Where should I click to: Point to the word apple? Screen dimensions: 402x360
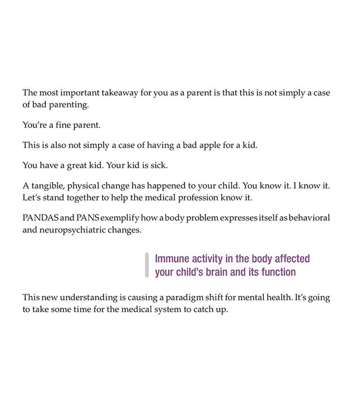pyautogui.click(x=208, y=145)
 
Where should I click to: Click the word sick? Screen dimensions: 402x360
pyautogui.click(x=158, y=165)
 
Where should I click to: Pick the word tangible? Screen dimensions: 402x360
pyautogui.click(x=49, y=185)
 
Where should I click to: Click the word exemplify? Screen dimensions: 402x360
pyautogui.click(x=119, y=218)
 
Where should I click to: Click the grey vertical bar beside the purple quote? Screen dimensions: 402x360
pyautogui.click(x=147, y=265)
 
